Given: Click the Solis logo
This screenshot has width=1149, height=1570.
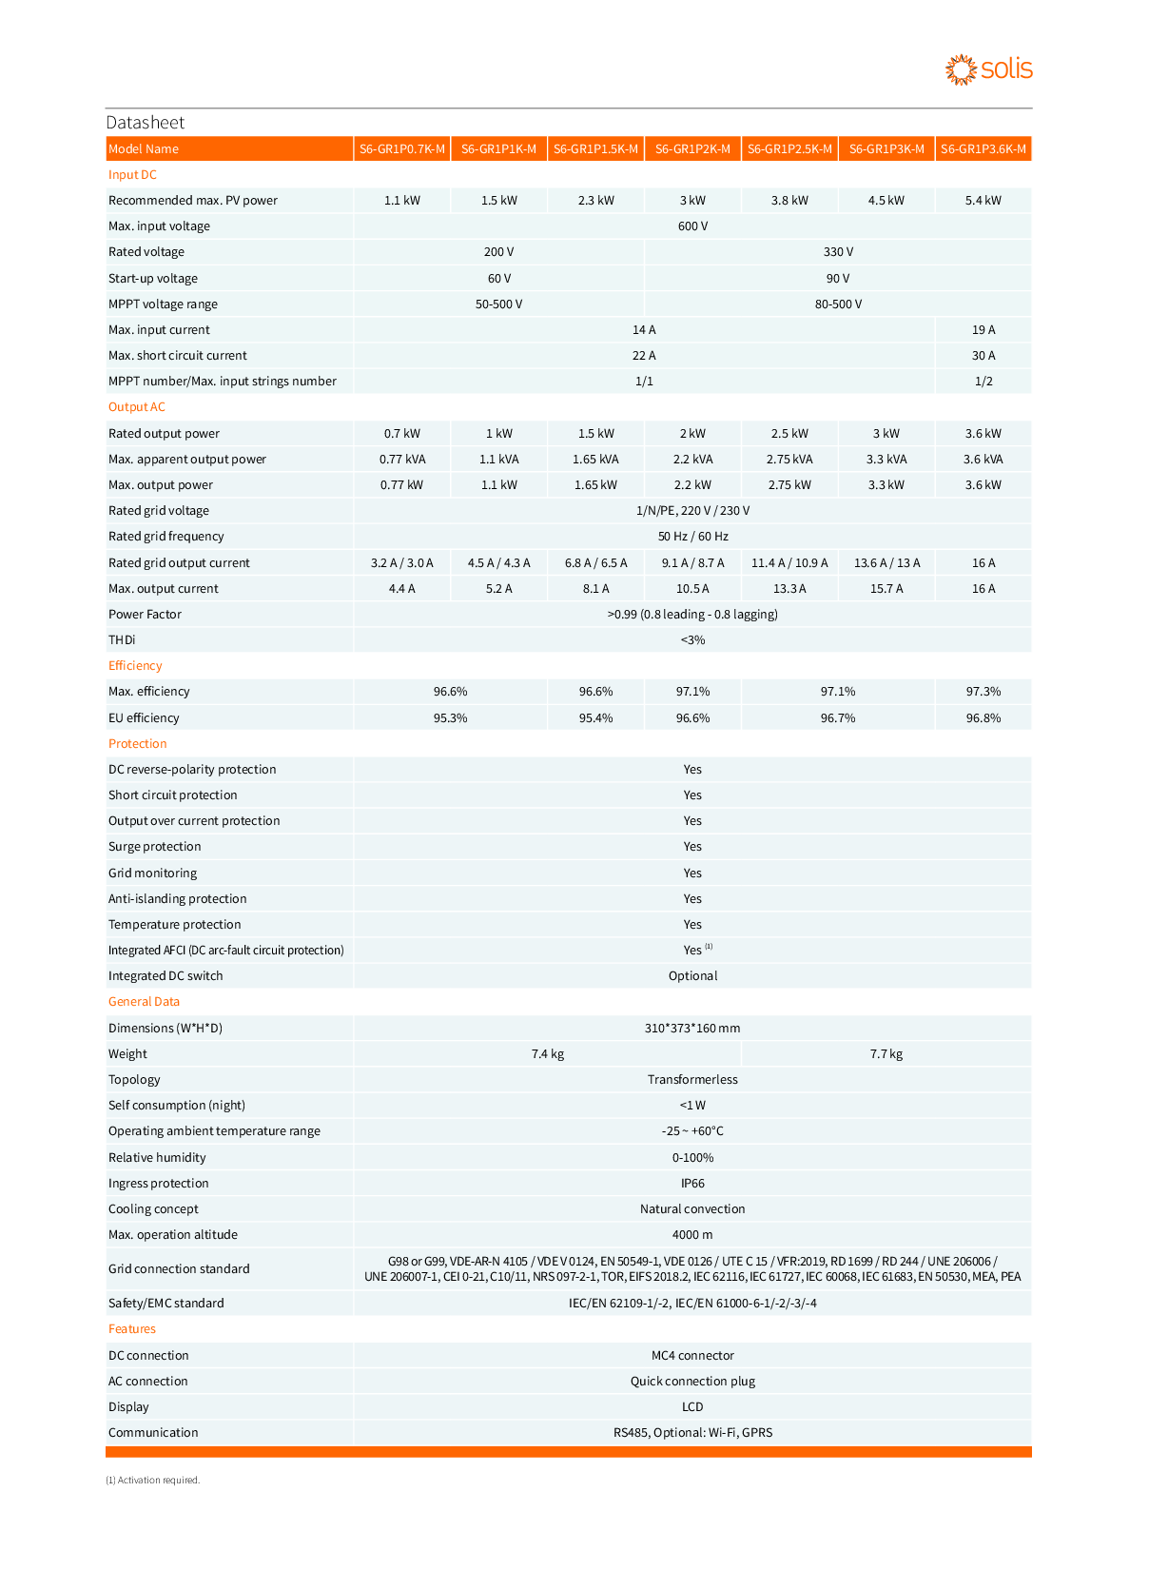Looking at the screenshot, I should (988, 69).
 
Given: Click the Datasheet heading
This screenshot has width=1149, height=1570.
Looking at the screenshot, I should (146, 123).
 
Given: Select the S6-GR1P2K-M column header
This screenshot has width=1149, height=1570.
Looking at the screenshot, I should (692, 149).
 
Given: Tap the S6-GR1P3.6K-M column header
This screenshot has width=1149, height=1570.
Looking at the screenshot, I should (983, 149).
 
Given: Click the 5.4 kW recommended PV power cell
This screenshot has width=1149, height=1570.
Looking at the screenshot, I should (983, 201).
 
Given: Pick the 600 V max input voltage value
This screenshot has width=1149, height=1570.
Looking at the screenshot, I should (692, 226).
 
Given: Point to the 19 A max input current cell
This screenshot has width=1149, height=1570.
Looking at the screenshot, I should (983, 330).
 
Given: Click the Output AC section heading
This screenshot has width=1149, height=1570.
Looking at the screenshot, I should (137, 407).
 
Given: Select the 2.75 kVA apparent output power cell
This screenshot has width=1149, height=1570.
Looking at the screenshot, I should (789, 460).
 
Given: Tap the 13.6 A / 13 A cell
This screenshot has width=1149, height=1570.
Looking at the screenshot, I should (886, 563).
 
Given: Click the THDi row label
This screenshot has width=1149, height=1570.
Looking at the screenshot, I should (122, 640).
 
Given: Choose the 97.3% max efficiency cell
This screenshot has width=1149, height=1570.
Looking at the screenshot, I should (983, 692).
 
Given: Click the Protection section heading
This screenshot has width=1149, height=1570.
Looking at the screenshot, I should (138, 744).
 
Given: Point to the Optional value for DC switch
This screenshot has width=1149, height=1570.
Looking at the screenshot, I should (692, 976).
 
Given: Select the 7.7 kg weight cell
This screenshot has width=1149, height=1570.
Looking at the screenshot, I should (886, 1054).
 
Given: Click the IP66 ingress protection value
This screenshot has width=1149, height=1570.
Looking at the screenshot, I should (692, 1184).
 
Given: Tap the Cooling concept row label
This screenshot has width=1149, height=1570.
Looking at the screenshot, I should (153, 1209).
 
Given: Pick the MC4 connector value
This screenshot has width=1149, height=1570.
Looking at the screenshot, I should (692, 1356).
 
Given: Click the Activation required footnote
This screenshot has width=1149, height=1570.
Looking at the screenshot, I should (153, 1481).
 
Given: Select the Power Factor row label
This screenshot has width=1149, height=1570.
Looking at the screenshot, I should (145, 615).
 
